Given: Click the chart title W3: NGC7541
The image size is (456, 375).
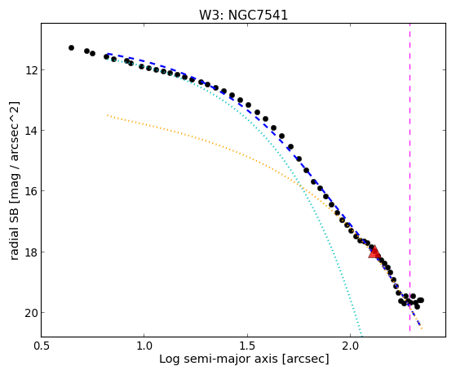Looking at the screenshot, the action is coord(243,16).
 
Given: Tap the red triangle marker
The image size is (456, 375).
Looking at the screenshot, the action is coord(374,252).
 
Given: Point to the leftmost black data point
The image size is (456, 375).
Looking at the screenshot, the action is coord(71,47).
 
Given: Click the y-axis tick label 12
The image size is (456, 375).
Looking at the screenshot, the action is coord(31,70).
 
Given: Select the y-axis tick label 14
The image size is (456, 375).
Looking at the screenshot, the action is coord(31,130).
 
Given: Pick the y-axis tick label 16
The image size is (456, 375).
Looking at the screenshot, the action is coord(31,191).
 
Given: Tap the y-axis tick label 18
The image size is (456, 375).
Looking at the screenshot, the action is coord(31,252).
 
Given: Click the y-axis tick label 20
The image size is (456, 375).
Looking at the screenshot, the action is coord(31,312).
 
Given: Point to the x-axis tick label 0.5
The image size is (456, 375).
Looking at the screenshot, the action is coord(42,346).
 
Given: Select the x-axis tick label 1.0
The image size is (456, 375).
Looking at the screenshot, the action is coord(144,346).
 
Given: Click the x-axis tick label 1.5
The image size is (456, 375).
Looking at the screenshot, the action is coord(247,346).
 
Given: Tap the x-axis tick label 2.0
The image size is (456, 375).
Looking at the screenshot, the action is coord(351,346).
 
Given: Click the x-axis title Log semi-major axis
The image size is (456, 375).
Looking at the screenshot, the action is coord(219,359).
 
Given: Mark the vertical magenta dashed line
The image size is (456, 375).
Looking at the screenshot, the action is coord(410,177).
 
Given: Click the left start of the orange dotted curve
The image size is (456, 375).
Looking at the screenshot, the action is coord(108,115).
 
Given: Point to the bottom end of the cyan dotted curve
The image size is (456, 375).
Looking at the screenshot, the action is coord(361,336).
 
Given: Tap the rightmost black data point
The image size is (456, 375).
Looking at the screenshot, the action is coord(421,300).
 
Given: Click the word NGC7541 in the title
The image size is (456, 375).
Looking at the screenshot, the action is coord(258,16).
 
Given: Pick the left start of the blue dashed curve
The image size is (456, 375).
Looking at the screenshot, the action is coord(108,54).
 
